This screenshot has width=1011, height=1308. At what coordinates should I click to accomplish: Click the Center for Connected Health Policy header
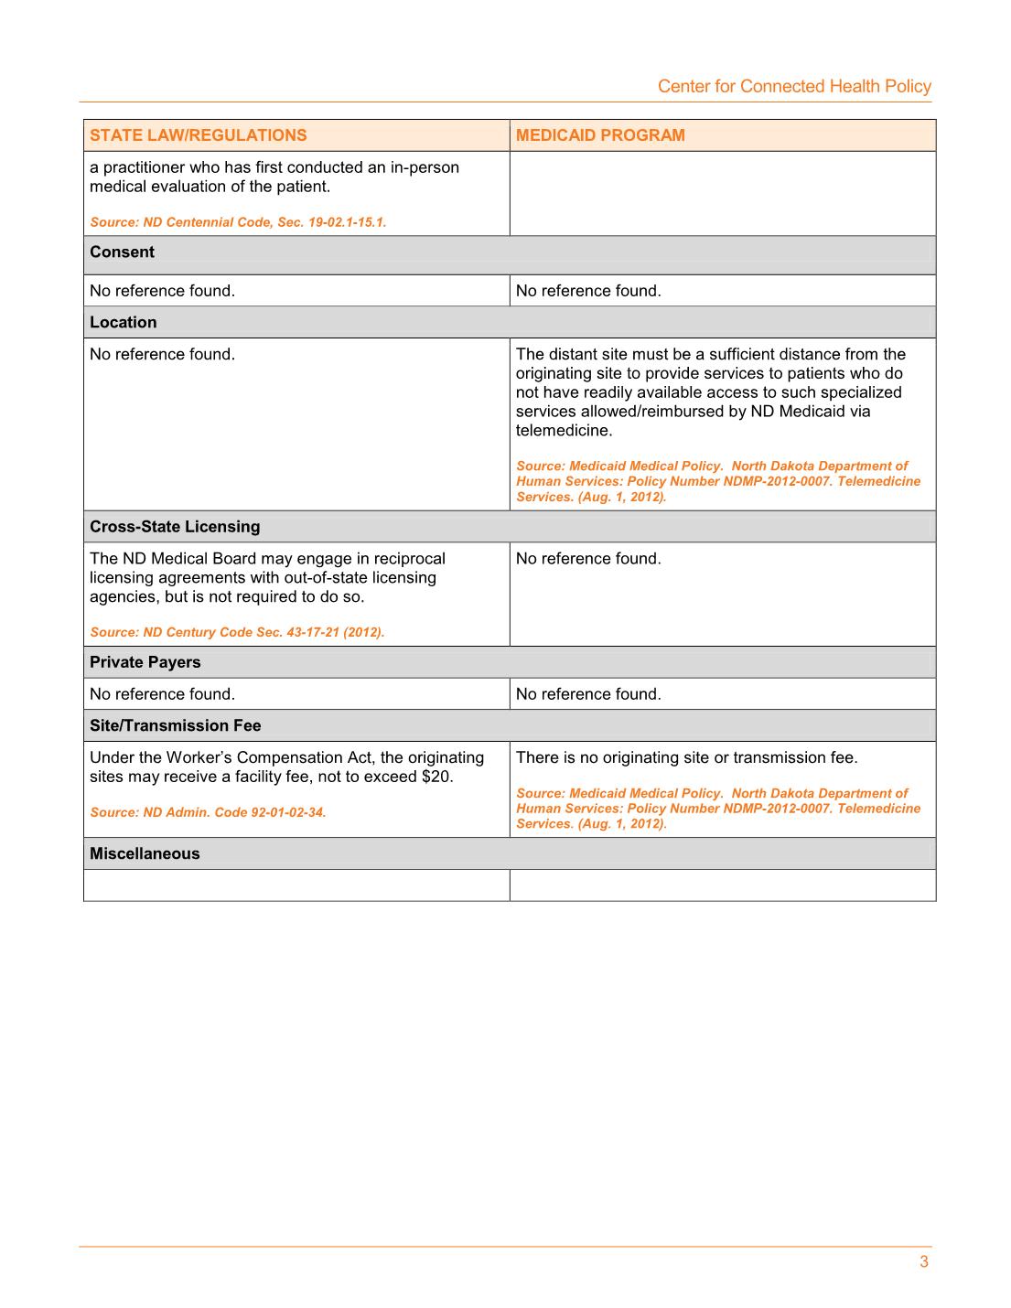794,86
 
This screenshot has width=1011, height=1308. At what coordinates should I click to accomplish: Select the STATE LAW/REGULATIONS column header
199,135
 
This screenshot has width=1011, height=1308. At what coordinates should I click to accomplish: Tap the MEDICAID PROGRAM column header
600,135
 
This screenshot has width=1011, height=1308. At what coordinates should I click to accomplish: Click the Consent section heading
123,252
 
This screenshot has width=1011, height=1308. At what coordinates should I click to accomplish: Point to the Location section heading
124,322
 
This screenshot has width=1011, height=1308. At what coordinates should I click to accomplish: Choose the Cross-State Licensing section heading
175,527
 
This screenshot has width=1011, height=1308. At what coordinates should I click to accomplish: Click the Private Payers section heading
145,662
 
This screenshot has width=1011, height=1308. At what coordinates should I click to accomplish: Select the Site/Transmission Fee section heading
176,725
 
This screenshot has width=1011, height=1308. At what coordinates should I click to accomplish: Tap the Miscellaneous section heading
145,853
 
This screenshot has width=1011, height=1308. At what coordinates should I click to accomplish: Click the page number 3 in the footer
924,1262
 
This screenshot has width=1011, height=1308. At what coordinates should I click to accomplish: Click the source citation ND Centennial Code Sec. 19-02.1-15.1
238,222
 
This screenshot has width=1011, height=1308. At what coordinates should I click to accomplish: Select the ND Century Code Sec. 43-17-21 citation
237,632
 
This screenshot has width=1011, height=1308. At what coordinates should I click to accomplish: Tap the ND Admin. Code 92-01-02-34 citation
208,812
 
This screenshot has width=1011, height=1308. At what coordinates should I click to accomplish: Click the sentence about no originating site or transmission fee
686,757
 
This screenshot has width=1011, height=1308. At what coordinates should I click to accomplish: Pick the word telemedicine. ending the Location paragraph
564,431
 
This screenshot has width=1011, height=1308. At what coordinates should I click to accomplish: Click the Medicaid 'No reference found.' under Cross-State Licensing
588,559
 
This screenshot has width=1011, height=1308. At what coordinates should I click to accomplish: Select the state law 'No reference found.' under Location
162,354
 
